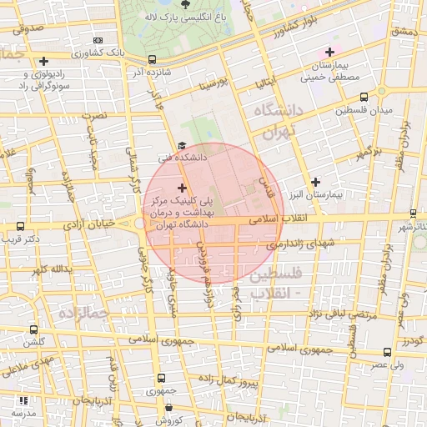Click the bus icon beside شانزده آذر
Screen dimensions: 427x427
151,60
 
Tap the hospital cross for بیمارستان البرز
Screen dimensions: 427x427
315,182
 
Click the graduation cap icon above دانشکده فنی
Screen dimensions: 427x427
181,145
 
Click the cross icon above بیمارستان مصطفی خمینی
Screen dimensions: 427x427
329,53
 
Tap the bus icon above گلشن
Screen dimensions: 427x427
33,330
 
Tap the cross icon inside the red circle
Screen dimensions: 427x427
183,188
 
